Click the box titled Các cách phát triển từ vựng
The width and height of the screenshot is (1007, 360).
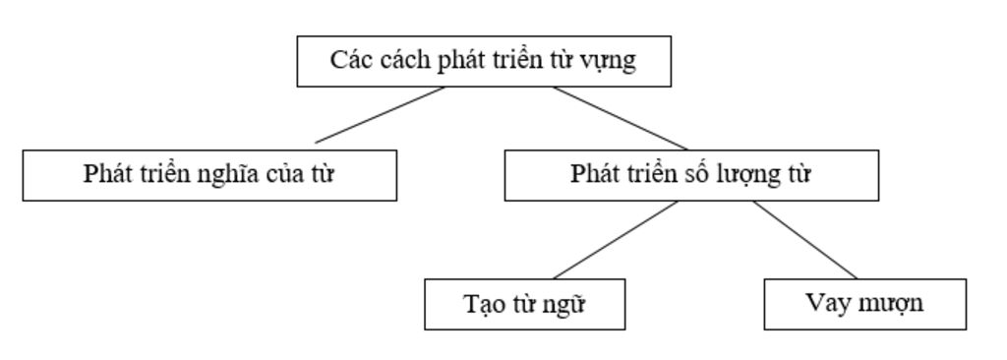pyautogui.click(x=484, y=61)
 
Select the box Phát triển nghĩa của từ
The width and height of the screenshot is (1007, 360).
pyautogui.click(x=209, y=175)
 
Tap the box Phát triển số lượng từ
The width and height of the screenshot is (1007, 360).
pyautogui.click(x=691, y=175)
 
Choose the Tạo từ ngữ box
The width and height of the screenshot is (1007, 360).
pyautogui.click(x=524, y=304)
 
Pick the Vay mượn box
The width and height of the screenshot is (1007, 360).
pyautogui.click(x=864, y=304)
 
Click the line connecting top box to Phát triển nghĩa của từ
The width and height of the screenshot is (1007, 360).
pyautogui.click(x=380, y=115)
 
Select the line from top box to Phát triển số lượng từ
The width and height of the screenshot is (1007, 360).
pyautogui.click(x=620, y=118)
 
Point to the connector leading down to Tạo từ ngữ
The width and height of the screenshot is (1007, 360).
pyautogui.click(x=616, y=240)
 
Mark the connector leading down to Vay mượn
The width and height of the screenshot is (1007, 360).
pyautogui.click(x=805, y=240)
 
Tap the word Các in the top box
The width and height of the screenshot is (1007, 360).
pyautogui.click(x=347, y=60)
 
